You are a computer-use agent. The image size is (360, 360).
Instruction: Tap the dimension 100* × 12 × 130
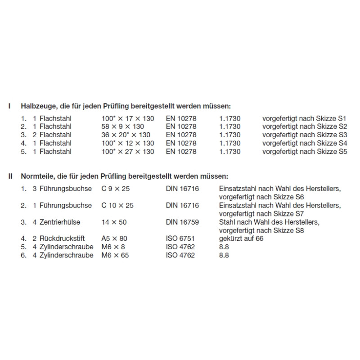point(128,143)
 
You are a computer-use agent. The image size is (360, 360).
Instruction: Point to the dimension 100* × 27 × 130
point(128,152)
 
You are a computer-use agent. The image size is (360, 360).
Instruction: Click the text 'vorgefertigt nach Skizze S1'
point(305,118)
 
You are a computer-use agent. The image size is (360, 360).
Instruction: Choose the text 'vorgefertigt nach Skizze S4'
point(305,143)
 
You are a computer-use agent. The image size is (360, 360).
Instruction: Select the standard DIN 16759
point(182,222)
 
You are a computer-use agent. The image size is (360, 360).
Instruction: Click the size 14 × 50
point(115,222)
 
